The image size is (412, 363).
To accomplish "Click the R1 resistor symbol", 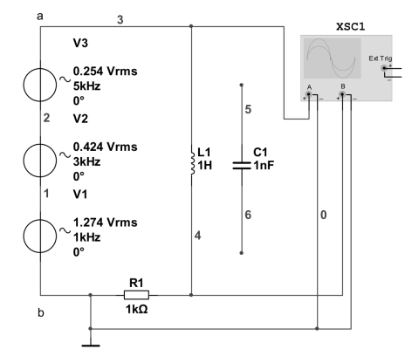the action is tap(136, 295).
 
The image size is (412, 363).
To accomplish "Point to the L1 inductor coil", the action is tap(192, 163).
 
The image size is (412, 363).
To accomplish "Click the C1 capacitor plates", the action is tap(242, 166).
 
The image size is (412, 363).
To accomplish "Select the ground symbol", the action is tap(91, 346).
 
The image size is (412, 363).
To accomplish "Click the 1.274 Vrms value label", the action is tap(105, 223).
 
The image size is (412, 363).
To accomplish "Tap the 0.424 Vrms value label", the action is tap(105, 147).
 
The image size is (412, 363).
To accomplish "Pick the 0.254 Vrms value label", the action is tap(105, 72).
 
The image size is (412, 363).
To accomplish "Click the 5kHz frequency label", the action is tap(86, 86).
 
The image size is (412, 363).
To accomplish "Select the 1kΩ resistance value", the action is tap(136, 309).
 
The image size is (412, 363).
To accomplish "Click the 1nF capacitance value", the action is tap(264, 165).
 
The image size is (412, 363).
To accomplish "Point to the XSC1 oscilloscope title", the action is tap(350, 27).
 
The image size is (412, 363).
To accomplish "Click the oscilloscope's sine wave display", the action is tap(333, 58).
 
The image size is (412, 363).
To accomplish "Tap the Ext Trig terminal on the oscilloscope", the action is tap(384, 68).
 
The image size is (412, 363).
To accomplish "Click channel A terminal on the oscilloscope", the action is tap(309, 94).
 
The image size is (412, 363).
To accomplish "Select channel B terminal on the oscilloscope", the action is tap(342, 94).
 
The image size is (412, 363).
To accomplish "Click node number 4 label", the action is tap(198, 236).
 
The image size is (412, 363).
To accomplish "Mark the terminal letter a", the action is tap(40, 17).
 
